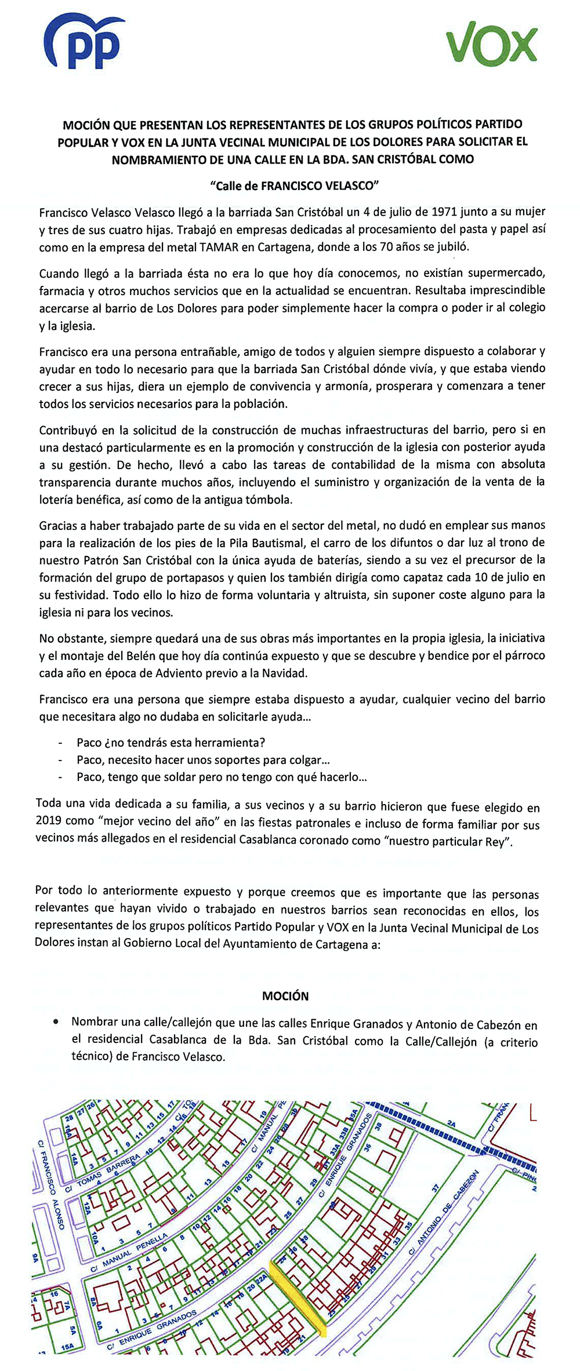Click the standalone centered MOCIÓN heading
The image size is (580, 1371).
click(x=285, y=996)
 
